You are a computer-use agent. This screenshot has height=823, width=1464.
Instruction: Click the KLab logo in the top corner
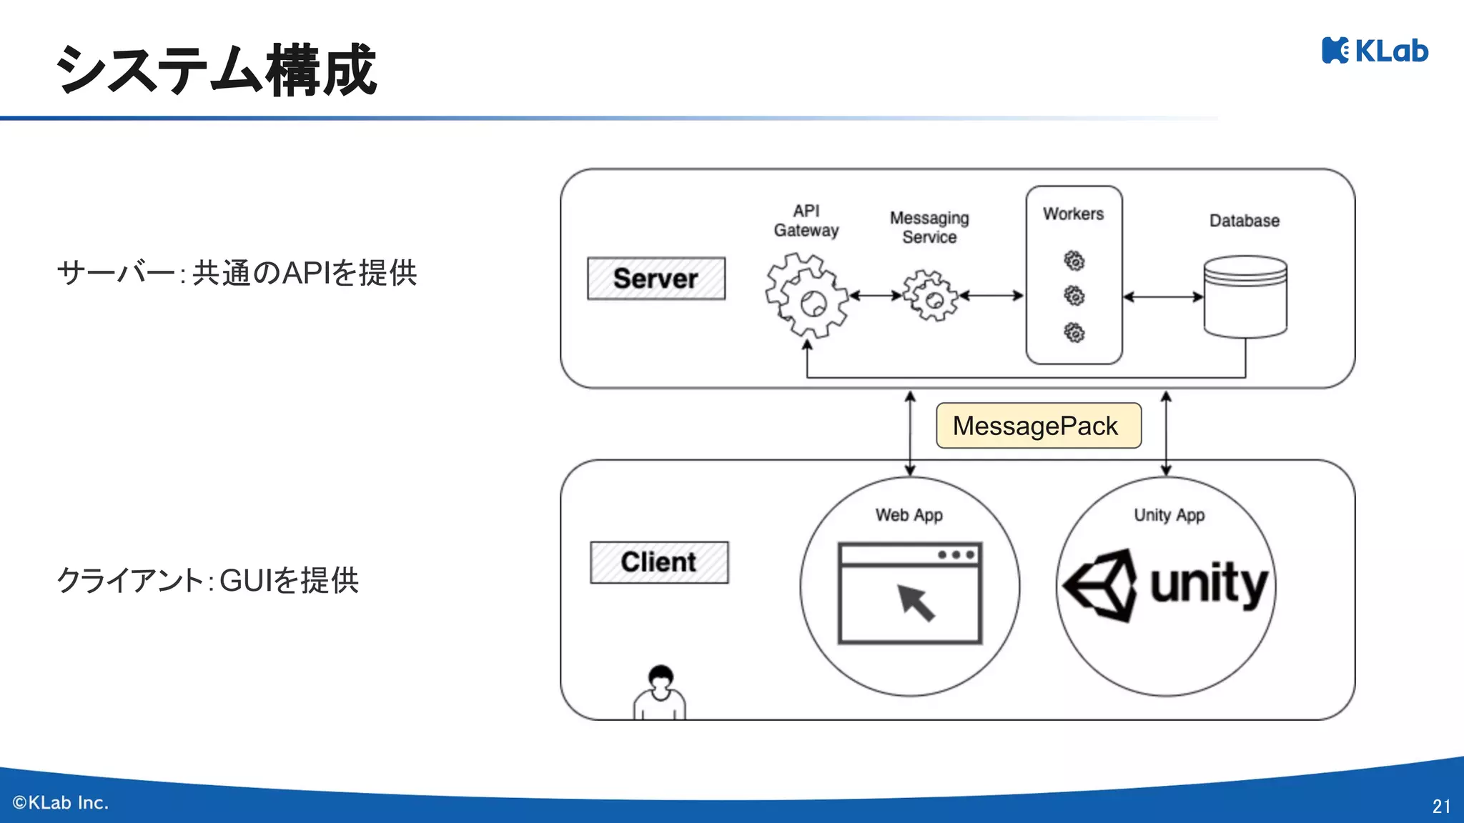(x=1375, y=51)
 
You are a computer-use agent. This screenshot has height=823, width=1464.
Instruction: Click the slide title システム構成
(x=216, y=70)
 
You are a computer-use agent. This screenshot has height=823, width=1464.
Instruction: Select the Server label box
(x=656, y=279)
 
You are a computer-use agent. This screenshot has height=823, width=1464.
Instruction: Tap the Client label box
(x=659, y=562)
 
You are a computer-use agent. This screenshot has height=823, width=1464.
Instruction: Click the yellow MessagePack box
(x=1038, y=426)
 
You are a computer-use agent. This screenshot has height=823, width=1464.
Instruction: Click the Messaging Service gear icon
(x=930, y=296)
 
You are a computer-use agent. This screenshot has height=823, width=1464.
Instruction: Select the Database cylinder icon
(x=1245, y=296)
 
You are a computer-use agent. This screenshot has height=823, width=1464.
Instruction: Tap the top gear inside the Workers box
(x=1074, y=261)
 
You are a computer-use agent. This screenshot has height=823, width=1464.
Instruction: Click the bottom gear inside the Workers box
(x=1074, y=332)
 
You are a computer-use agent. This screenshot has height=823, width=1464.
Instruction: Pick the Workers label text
(x=1073, y=214)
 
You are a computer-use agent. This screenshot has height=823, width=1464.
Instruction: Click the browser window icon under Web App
(x=910, y=593)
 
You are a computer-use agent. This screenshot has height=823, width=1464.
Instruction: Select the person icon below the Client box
(x=660, y=692)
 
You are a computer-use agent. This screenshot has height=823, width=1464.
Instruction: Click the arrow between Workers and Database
(x=1163, y=297)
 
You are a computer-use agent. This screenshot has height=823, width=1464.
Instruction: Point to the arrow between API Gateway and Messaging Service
(x=876, y=295)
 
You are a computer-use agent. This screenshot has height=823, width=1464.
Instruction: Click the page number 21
(x=1441, y=806)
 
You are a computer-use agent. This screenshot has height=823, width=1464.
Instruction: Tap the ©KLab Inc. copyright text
(x=61, y=803)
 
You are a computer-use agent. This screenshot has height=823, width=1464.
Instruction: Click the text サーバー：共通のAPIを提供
(x=237, y=273)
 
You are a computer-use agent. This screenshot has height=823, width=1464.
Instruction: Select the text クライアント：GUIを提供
(x=207, y=580)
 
